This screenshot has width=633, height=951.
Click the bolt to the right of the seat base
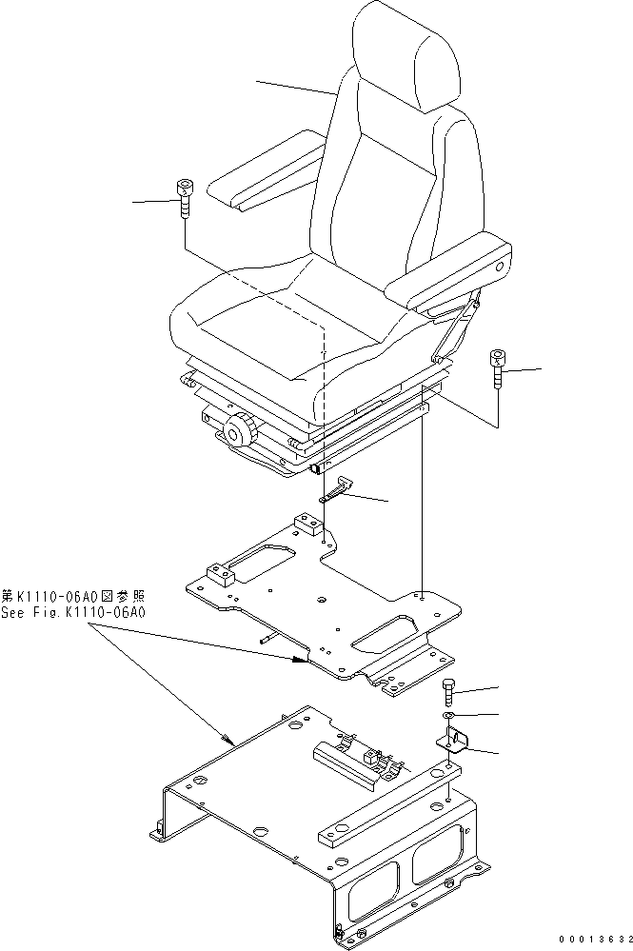click(496, 368)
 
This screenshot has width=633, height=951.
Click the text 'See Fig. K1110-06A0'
click(73, 612)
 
